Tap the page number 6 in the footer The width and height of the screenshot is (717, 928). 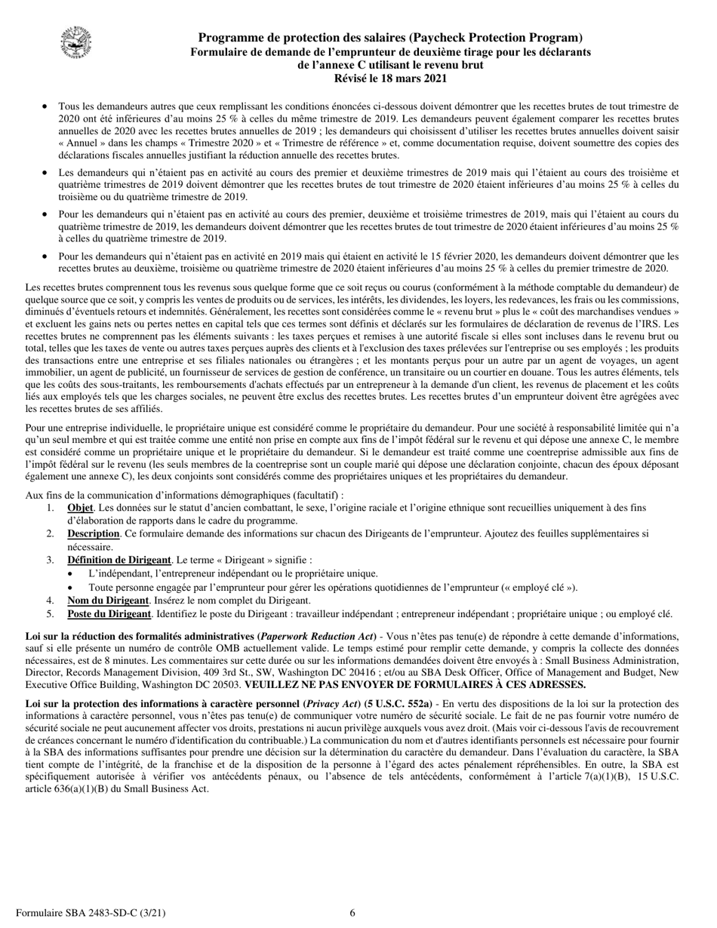[x=352, y=913]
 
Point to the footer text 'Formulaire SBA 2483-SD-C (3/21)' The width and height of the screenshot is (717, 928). [x=91, y=913]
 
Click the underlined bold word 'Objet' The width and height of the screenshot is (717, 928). [x=81, y=509]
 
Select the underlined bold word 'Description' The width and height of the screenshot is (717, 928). [x=93, y=534]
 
